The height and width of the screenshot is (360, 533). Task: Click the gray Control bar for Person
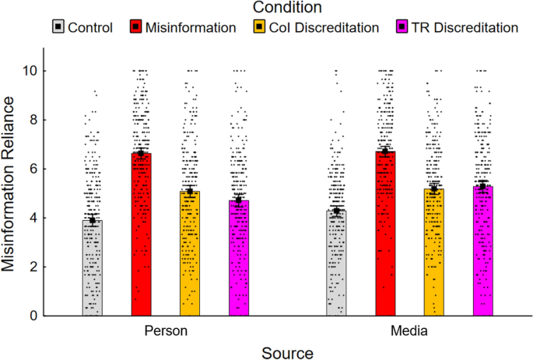click(93, 267)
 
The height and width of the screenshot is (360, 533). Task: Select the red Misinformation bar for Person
click(141, 234)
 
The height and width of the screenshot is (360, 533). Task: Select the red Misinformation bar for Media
click(385, 233)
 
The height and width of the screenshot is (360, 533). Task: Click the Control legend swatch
click(57, 27)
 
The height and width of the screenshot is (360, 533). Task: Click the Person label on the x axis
click(166, 331)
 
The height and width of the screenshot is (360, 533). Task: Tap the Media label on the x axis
click(409, 331)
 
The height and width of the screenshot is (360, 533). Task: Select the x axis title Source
click(287, 352)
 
